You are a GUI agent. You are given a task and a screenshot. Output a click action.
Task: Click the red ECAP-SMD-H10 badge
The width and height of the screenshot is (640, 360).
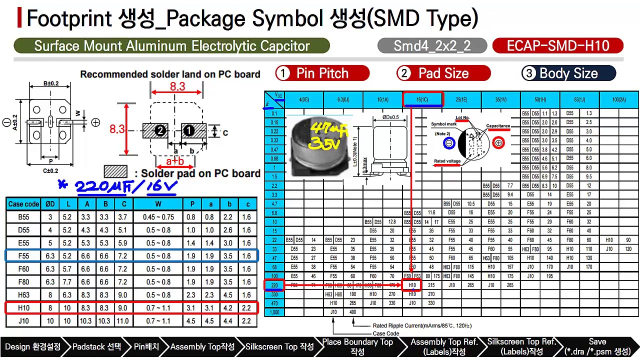(x=557, y=46)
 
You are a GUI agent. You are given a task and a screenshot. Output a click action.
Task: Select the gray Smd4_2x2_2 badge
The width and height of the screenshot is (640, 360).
(x=432, y=46)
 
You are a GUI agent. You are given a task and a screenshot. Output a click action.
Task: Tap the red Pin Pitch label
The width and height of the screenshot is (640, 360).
(x=322, y=73)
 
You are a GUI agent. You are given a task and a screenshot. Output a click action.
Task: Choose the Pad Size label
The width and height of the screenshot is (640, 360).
(x=443, y=73)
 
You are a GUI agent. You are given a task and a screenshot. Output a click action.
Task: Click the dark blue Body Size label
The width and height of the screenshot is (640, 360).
(x=568, y=73)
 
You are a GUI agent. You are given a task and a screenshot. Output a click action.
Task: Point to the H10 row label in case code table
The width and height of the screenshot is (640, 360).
(x=23, y=308)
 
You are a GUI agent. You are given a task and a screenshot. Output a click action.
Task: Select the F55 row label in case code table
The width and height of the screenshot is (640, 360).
(x=23, y=256)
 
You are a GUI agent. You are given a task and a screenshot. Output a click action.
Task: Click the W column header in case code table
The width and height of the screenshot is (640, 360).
(x=158, y=204)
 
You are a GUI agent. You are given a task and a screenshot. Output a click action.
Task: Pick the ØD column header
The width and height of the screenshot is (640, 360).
(x=50, y=204)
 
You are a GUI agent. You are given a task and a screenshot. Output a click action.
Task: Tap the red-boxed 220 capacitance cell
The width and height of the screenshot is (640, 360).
(x=274, y=285)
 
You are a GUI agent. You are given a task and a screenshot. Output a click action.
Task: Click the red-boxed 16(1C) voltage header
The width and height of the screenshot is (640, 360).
(x=422, y=99)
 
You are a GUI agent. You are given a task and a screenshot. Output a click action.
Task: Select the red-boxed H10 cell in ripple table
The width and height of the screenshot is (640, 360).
(x=412, y=285)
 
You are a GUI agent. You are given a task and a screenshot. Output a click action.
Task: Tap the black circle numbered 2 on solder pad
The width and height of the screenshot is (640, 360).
(x=160, y=131)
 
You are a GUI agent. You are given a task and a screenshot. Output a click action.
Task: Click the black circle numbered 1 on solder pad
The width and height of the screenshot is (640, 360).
(x=189, y=131)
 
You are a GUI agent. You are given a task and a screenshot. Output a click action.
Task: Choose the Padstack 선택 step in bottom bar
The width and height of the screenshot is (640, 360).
(x=97, y=346)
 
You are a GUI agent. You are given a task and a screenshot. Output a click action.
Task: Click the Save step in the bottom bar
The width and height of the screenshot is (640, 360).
(x=597, y=346)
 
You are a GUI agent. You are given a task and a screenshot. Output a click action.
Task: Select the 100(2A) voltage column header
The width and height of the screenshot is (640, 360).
(x=619, y=99)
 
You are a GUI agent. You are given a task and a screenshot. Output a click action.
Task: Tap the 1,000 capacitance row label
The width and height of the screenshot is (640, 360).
(x=274, y=312)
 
